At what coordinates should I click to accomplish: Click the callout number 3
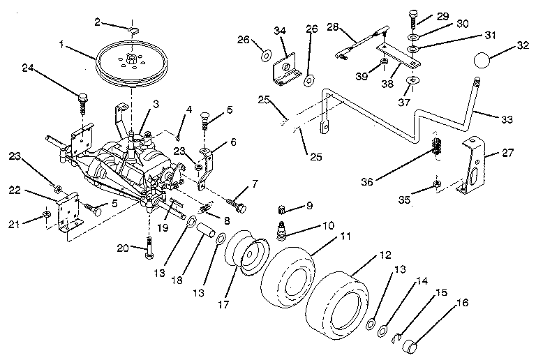click(155, 103)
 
